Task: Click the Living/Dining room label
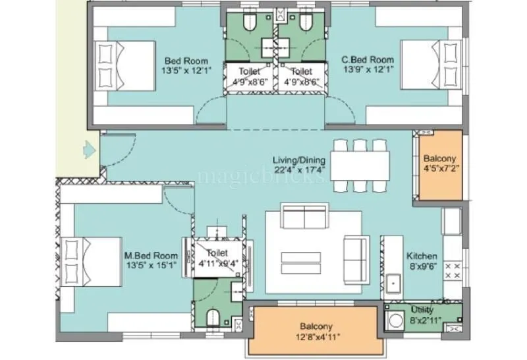point(299,159)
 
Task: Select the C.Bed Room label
point(368,60)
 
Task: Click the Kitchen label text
point(422,256)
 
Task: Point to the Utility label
point(422,309)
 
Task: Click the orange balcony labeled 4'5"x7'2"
point(439,164)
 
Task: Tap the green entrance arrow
point(86,150)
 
